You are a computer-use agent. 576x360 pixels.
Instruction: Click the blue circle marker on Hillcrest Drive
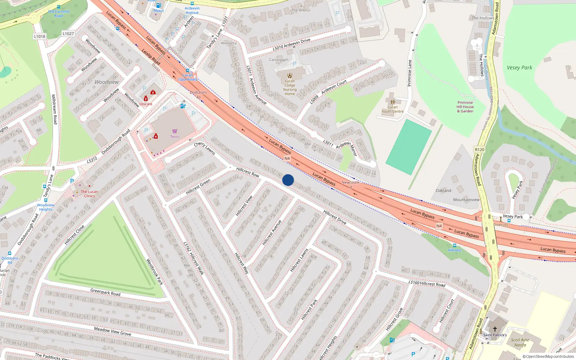288,180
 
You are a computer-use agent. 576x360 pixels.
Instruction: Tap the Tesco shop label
175,136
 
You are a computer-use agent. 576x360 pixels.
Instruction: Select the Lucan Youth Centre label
392,109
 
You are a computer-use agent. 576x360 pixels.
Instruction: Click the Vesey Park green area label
519,68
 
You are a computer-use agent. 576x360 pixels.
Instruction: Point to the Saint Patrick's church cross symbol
495,329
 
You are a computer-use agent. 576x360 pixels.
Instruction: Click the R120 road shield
480,149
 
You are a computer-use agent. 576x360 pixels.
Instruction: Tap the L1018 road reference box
40,36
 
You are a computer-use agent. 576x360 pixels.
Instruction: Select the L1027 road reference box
68,33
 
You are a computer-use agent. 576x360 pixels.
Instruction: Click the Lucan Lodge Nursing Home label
290,87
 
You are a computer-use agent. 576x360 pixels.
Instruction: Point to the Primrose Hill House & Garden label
465,107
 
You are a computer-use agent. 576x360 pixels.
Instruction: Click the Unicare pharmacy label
146,104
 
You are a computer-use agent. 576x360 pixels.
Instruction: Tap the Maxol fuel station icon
158,5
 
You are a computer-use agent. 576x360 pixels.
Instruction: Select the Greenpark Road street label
105,292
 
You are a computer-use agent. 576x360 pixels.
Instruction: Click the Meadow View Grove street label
112,331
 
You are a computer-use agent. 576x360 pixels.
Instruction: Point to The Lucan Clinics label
89,194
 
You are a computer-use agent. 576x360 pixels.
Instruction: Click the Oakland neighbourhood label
443,190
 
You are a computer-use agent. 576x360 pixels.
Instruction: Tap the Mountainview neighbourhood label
466,200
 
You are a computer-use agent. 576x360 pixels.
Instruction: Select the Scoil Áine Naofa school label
520,342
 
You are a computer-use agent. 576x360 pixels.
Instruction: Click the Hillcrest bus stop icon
455,246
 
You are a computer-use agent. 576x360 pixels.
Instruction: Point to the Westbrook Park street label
154,271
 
